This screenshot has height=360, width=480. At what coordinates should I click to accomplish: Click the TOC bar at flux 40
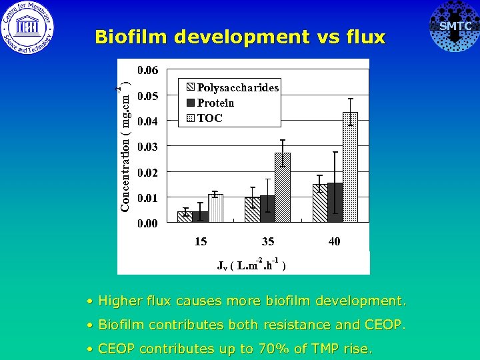(x=350, y=167)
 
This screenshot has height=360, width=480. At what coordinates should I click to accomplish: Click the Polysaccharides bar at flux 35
(x=252, y=209)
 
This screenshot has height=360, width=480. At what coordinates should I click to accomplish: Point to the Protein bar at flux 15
(x=200, y=217)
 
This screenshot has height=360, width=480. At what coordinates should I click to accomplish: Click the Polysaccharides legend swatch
(x=190, y=87)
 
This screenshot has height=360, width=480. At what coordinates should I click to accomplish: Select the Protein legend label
(x=215, y=103)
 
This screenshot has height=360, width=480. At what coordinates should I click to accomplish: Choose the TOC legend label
(x=209, y=118)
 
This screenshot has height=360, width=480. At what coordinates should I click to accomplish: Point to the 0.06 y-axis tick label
(x=148, y=70)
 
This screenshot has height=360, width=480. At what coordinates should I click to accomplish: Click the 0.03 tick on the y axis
(x=148, y=147)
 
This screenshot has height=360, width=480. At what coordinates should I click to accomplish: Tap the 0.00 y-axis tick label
(x=148, y=223)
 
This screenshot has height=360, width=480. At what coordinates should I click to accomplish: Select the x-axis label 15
(x=201, y=241)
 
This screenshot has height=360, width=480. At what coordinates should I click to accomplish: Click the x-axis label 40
(x=334, y=241)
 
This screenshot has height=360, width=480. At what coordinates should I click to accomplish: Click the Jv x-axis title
(x=252, y=265)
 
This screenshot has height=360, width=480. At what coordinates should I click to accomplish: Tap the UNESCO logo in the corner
(x=27, y=27)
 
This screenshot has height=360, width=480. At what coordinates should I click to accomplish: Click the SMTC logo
(x=454, y=27)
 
